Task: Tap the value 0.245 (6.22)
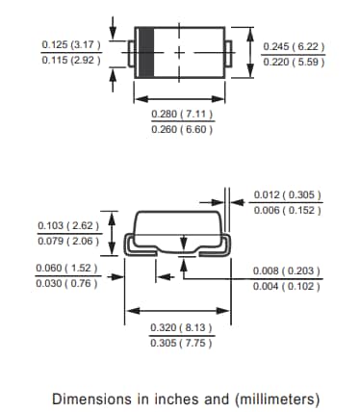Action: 294,45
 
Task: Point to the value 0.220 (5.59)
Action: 294,62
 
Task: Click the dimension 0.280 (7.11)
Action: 182,115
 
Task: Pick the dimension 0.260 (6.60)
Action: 182,130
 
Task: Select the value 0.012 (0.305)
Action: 287,195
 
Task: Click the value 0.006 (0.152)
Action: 287,211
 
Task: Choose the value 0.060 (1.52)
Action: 66,268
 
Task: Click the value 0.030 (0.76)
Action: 66,283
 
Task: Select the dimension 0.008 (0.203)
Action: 287,270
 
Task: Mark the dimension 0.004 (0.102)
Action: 287,286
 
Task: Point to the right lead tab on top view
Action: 226,49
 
